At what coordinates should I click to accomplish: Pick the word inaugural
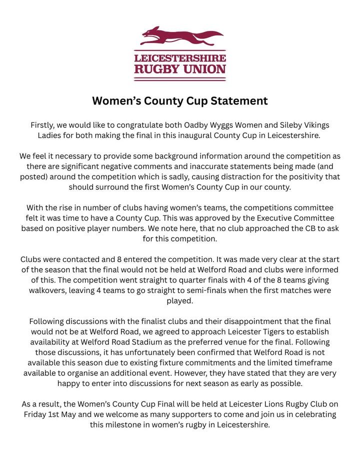206,135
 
